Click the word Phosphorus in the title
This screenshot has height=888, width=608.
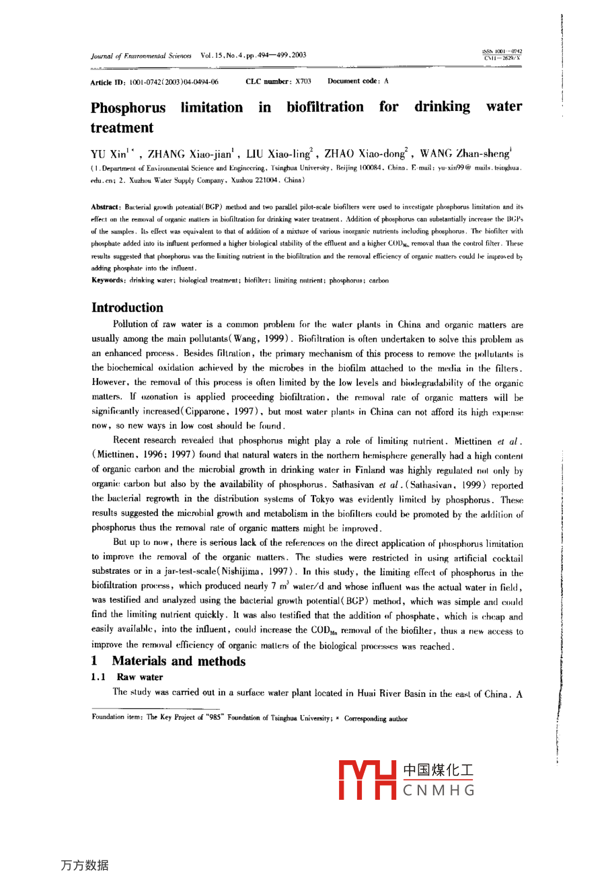[128, 108]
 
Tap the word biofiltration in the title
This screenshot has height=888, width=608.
[325, 107]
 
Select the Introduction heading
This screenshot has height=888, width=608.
[127, 307]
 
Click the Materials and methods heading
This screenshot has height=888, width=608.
[178, 661]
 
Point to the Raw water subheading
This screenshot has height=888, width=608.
[140, 677]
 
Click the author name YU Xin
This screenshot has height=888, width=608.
[108, 154]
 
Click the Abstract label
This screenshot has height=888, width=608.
[106, 207]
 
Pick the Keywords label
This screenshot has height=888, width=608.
[108, 281]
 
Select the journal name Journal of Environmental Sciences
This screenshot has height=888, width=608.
[141, 56]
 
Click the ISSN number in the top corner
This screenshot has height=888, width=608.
[502, 52]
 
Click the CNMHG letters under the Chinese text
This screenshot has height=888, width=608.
[439, 790]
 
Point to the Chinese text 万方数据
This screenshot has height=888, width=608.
[84, 865]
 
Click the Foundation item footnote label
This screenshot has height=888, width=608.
[117, 718]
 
